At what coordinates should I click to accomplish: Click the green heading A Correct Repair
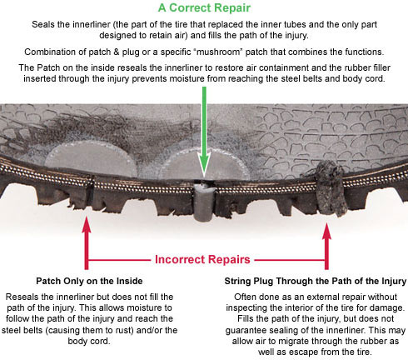tap(204, 8)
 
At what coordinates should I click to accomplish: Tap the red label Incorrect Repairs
tap(202, 259)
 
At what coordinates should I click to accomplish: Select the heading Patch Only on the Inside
tap(89, 281)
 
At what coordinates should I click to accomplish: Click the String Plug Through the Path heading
tap(316, 281)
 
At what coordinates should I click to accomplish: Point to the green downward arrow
tap(204, 131)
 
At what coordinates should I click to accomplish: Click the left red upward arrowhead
tap(87, 226)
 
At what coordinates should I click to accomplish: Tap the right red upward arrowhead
tap(326, 231)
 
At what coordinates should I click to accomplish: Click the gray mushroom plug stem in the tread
tap(204, 202)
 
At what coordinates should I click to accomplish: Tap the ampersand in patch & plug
tap(117, 52)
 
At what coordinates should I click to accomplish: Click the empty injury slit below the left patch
tap(90, 192)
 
